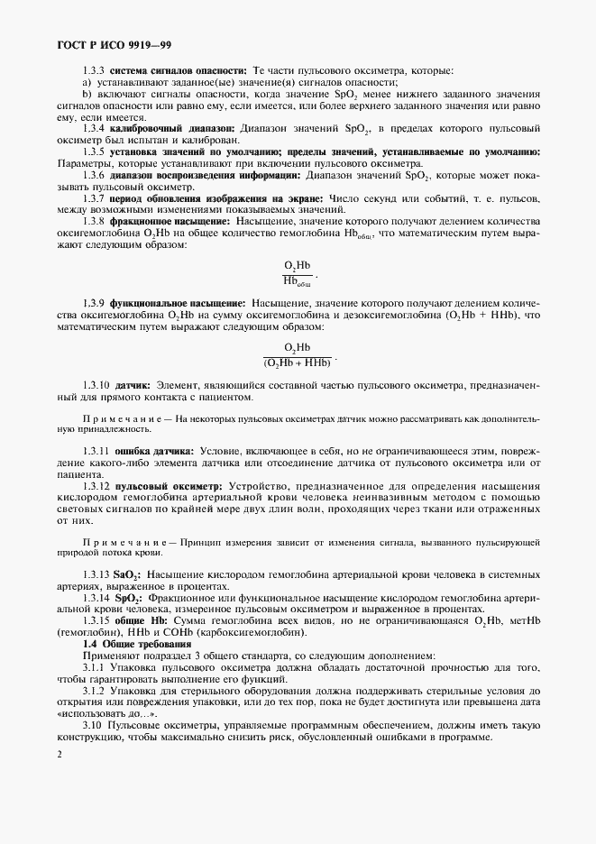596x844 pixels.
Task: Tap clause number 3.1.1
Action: (x=94, y=667)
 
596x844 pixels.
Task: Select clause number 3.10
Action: (x=91, y=725)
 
